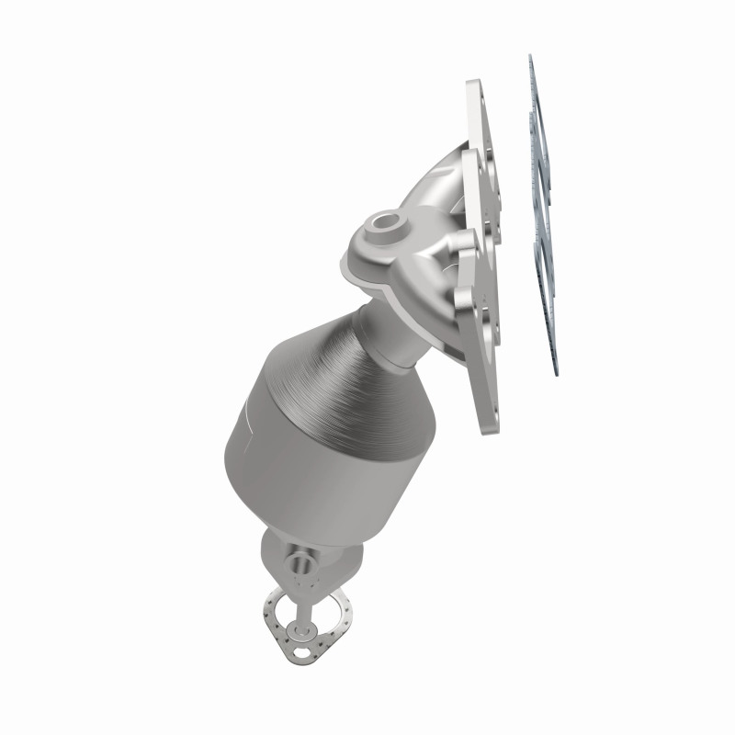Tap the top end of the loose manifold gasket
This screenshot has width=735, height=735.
531,57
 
